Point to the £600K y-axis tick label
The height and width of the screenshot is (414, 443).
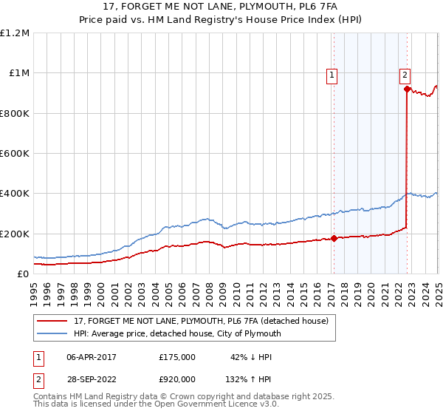pos(15,154)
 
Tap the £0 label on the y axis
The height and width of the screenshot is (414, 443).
pos(24,274)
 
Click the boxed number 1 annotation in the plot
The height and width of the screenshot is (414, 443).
pos(332,74)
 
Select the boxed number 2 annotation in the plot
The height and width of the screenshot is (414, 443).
pos(406,74)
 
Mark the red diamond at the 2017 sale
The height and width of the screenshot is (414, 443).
pos(334,238)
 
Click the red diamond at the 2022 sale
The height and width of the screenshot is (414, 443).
pos(407,89)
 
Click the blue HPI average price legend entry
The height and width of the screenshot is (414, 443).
pos(178,333)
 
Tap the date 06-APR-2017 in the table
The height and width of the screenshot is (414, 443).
pos(92,357)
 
